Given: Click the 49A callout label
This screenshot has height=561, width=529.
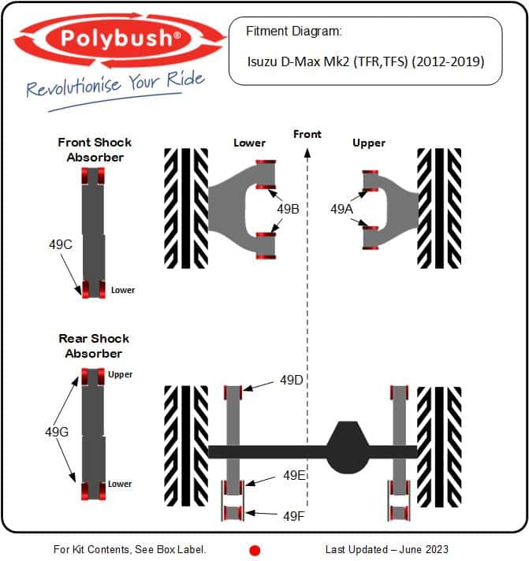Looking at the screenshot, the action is [x=341, y=209].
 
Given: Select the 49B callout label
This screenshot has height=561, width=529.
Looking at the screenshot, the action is [x=288, y=209].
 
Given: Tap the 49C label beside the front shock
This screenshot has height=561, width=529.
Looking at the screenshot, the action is [x=61, y=245].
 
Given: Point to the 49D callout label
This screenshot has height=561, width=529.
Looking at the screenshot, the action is [x=292, y=380].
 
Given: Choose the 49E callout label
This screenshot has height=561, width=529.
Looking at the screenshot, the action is [x=294, y=475].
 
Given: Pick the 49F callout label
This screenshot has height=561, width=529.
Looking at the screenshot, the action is [x=294, y=516].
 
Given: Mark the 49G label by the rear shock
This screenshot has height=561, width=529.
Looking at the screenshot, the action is [x=57, y=433].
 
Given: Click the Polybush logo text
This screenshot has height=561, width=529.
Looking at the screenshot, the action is [x=121, y=39].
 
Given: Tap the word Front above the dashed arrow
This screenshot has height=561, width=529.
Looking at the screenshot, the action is [x=307, y=135].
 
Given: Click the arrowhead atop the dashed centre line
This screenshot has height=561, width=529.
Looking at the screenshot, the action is [x=307, y=153].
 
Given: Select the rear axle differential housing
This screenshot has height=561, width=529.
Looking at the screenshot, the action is [x=347, y=448].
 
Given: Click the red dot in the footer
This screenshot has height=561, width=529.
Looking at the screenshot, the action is [x=255, y=550].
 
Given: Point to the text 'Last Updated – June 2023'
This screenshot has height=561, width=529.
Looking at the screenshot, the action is [x=386, y=549].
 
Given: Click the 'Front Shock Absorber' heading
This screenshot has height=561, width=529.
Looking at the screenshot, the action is [x=95, y=150].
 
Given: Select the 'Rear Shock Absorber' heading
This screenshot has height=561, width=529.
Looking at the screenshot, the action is [x=94, y=346].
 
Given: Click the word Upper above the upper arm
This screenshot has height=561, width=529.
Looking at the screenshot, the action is [x=369, y=143].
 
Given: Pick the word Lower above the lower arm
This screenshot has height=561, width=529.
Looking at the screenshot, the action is [x=249, y=143].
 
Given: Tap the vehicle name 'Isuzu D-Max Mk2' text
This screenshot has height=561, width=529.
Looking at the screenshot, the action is [x=298, y=61].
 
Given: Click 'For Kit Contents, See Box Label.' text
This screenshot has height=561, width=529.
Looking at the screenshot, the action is [x=129, y=549].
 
